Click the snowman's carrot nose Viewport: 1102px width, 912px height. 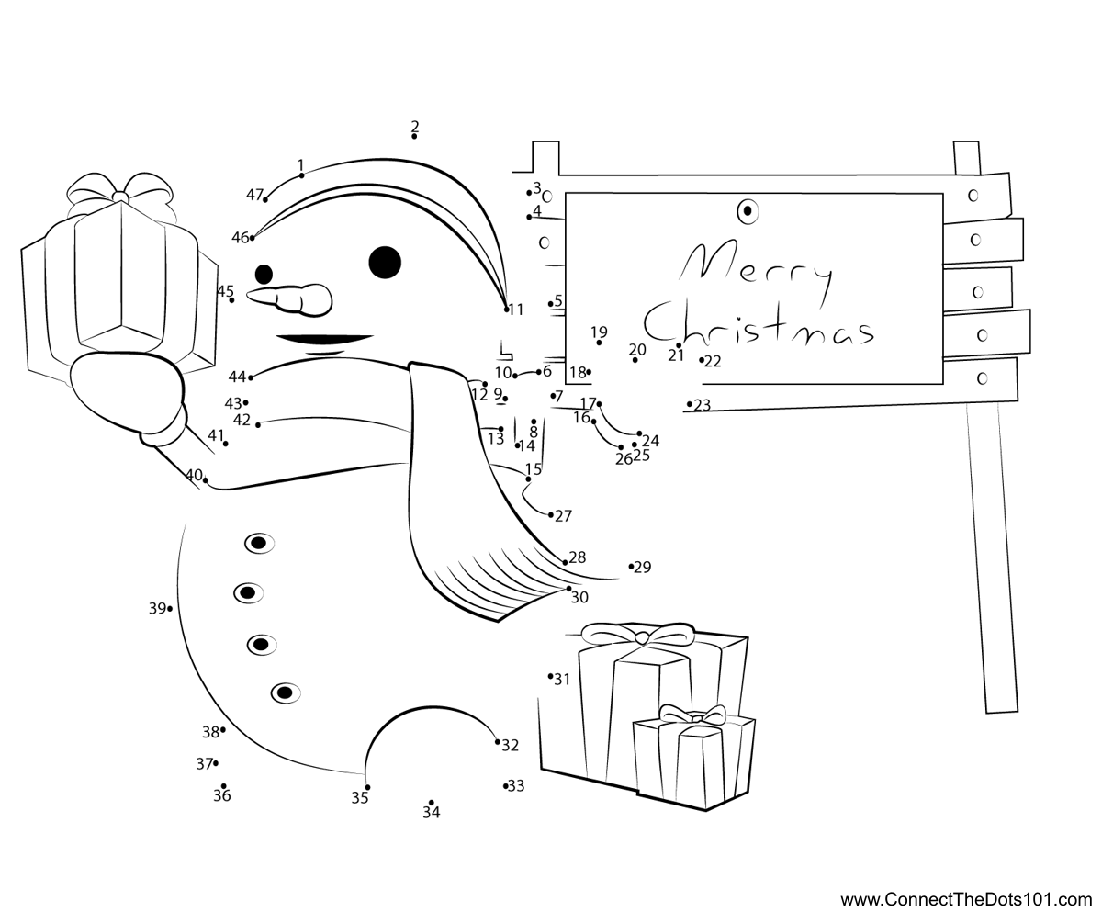point(290,300)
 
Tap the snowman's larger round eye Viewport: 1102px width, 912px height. point(385,263)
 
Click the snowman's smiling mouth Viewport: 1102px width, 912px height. point(324,340)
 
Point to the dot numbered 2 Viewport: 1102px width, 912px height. point(414,136)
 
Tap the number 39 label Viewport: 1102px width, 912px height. point(157,609)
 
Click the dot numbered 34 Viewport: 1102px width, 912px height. point(432,803)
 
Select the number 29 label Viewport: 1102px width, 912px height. point(642,568)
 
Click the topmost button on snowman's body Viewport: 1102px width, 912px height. point(259,543)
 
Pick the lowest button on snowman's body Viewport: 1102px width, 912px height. point(286,693)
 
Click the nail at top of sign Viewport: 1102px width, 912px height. point(748,211)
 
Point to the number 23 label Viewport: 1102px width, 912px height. point(702,405)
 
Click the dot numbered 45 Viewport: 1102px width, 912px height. point(231,300)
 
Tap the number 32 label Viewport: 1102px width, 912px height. point(510,745)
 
